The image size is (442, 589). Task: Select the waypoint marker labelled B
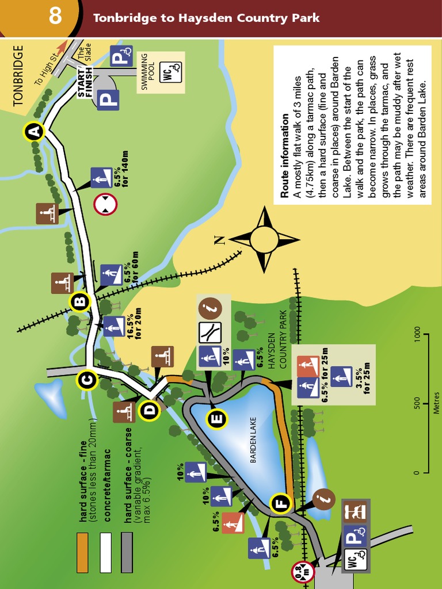pos(80,301)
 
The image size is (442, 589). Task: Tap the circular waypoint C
pos(86,380)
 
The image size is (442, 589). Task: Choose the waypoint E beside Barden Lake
pos(216,419)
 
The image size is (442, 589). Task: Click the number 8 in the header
pos(55,16)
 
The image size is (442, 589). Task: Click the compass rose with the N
pos(263,239)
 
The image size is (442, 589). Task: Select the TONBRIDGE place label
pos(18,75)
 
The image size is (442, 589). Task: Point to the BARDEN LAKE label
pos(252,441)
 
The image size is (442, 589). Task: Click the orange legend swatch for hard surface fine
pos(83,552)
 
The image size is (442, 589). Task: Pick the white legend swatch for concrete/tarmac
pos(105,552)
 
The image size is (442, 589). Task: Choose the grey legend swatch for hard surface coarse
pos(127,552)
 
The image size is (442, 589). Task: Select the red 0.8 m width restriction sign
pos(303,571)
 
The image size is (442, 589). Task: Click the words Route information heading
pos(285,156)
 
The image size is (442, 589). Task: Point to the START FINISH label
pos(85,82)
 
